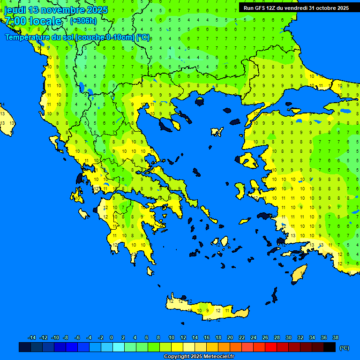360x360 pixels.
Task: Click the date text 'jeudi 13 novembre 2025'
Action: tap(56, 10)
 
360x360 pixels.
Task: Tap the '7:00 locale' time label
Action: tap(33, 21)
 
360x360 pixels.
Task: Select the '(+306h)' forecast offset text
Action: tap(83, 21)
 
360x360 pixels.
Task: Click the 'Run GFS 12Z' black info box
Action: tap(296, 7)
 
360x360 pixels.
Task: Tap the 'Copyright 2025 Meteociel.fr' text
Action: tap(199, 357)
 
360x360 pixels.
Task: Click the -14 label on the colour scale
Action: tap(32, 337)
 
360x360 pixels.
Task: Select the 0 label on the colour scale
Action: tap(112, 337)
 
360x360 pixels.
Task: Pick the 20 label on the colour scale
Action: tap(230, 337)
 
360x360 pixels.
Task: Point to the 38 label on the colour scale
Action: tap(335, 337)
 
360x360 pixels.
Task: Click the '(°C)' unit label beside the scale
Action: tap(344, 348)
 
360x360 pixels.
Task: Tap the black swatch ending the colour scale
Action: tap(330, 347)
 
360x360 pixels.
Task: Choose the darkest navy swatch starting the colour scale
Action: tap(25, 347)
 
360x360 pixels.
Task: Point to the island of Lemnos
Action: tap(217, 132)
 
